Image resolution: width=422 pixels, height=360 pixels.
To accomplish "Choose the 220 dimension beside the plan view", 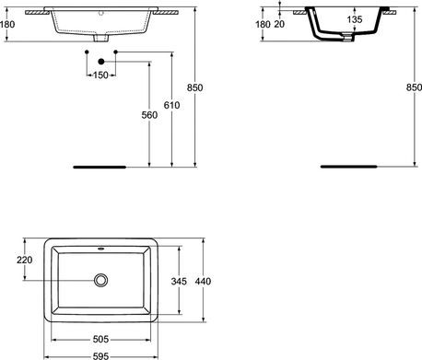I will (25, 260).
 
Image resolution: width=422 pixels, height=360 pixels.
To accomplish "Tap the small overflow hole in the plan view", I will (101, 248).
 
